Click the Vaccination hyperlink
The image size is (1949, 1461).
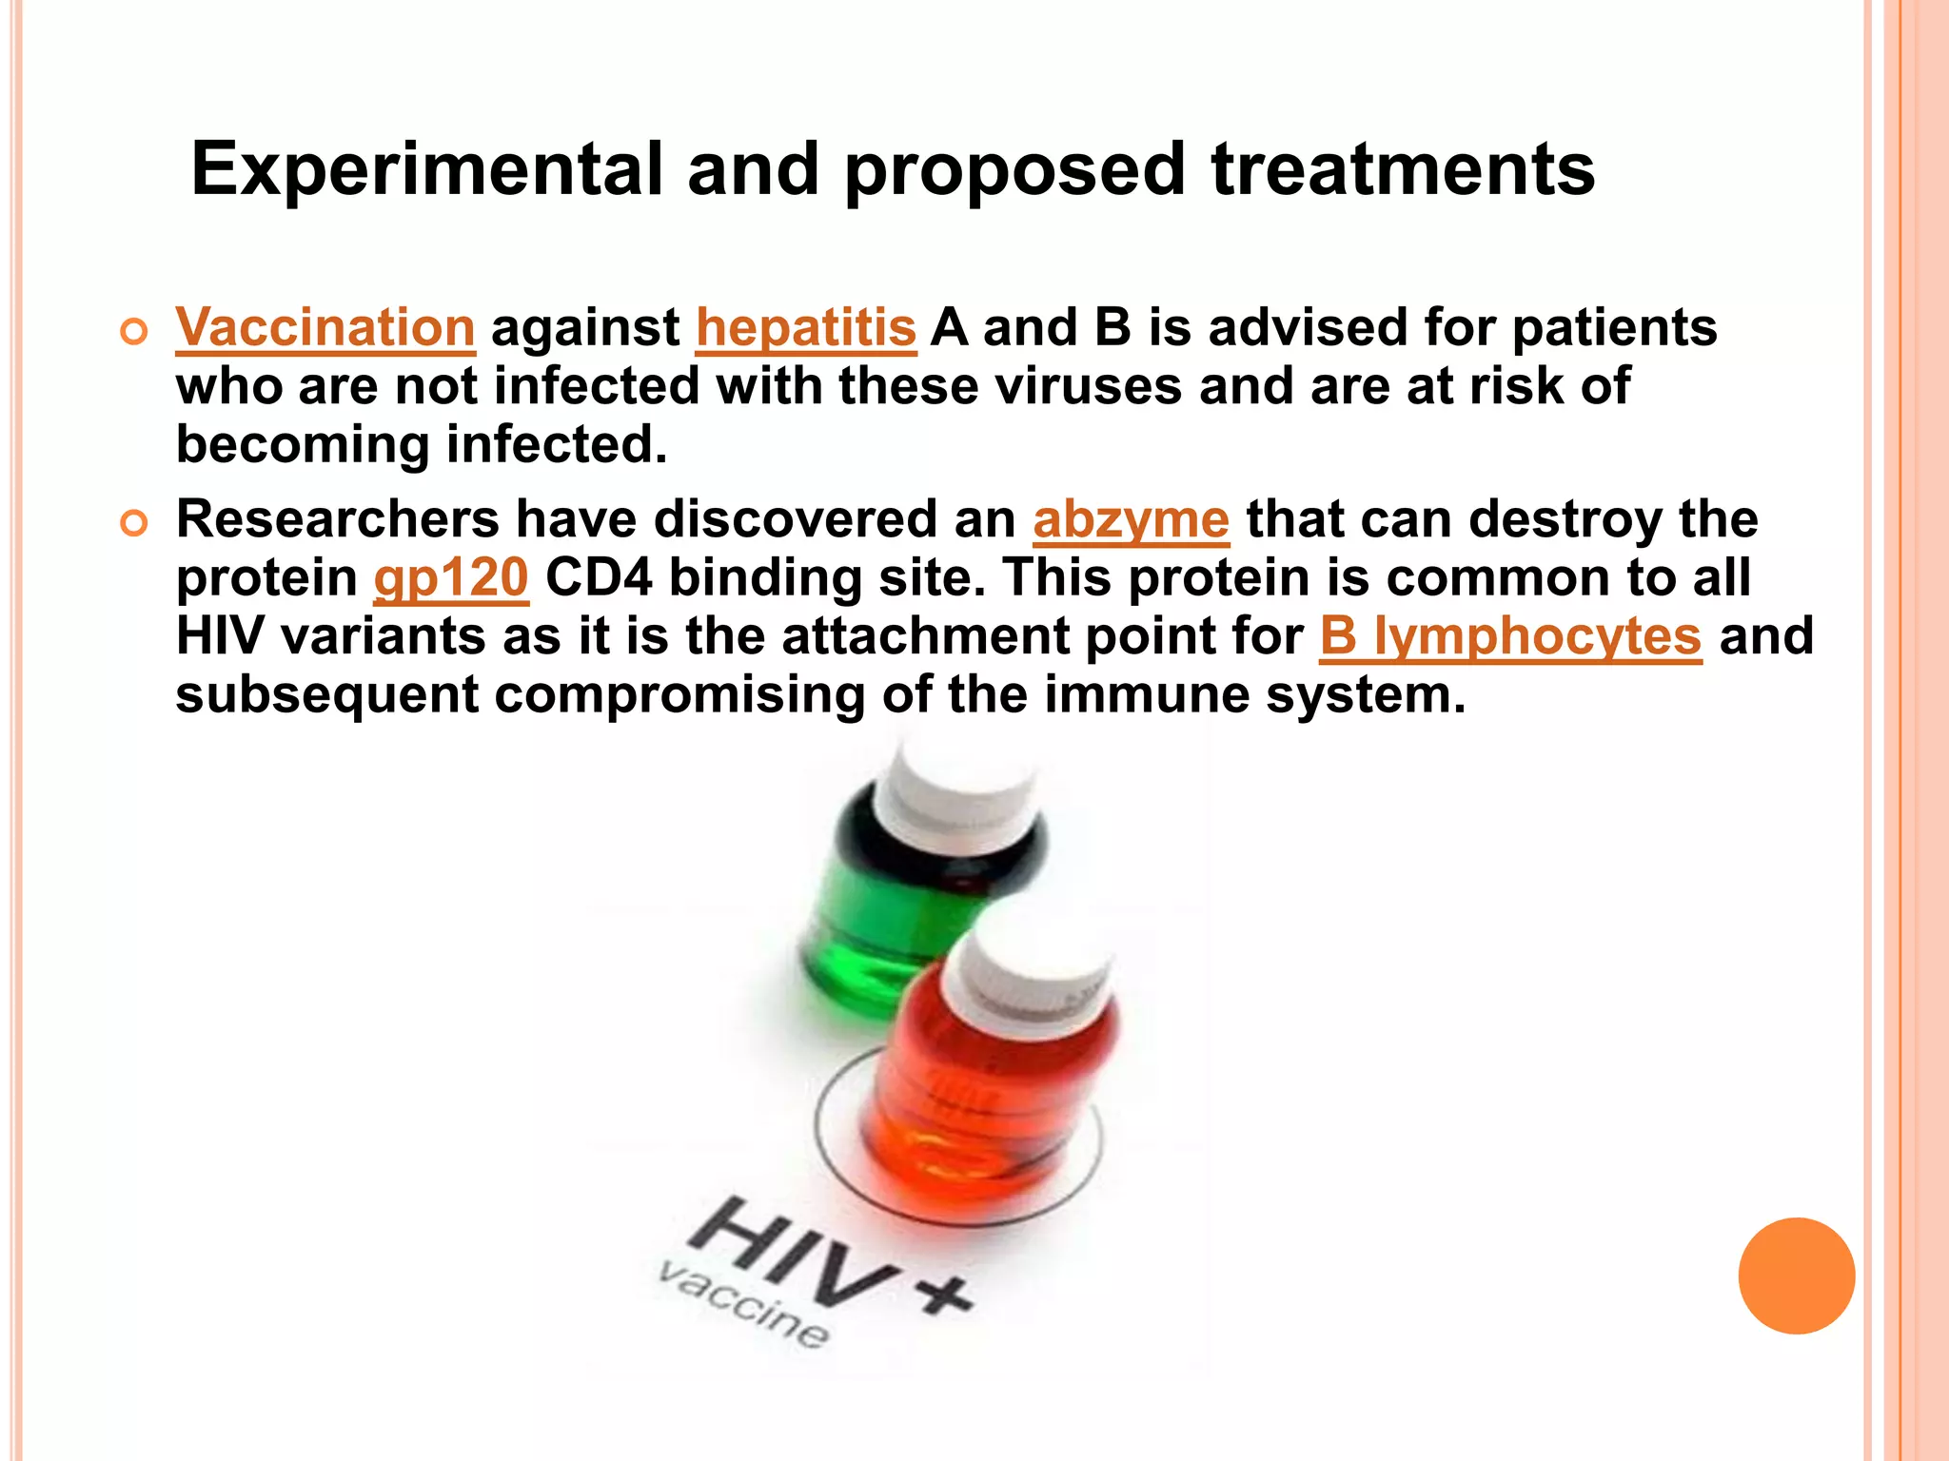[x=325, y=328]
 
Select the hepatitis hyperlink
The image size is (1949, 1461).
[x=806, y=328]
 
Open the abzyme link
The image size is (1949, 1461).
[x=1131, y=520]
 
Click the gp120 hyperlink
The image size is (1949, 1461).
[x=451, y=578]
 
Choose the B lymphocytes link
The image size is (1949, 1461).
[x=1510, y=636]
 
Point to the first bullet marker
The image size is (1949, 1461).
[x=134, y=332]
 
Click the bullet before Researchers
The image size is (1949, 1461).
[x=134, y=523]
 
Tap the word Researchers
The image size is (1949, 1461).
[x=338, y=520]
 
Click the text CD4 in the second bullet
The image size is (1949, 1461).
[x=599, y=578]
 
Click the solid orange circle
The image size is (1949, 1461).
[x=1796, y=1276]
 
